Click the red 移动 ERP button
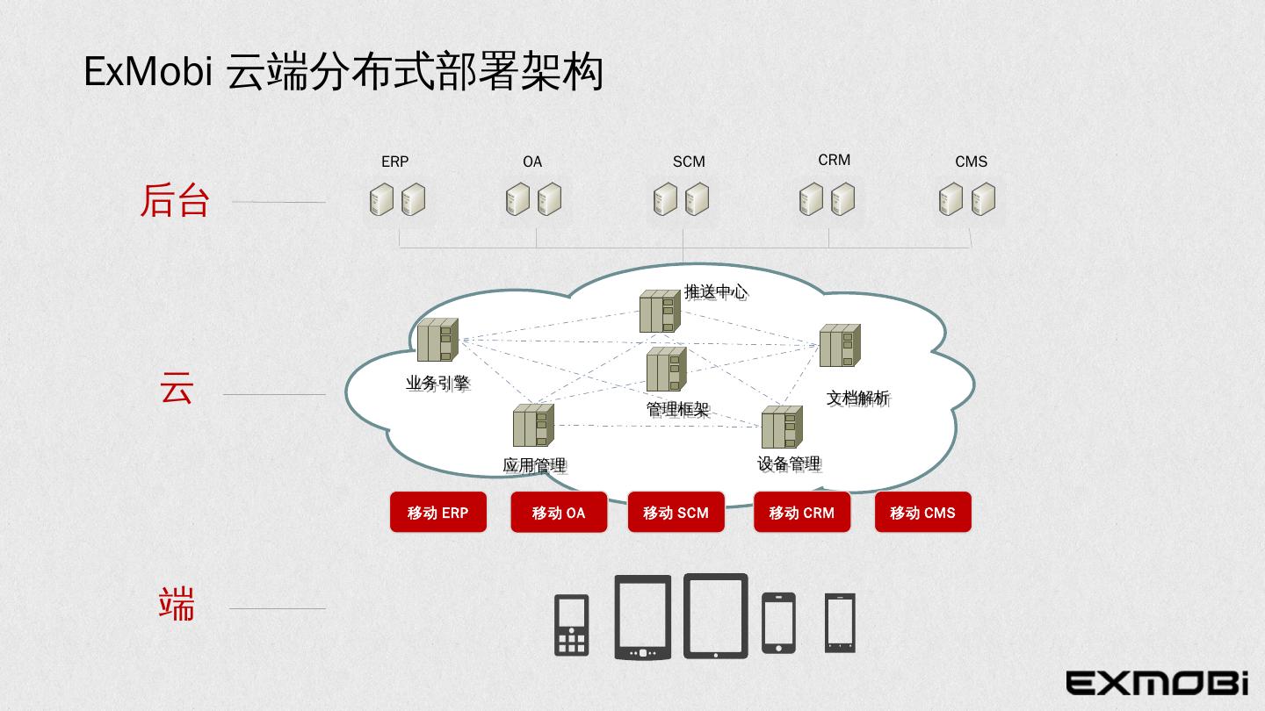point(437,513)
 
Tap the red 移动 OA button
point(559,513)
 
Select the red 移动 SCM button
point(676,513)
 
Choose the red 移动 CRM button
point(801,513)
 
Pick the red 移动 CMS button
point(922,513)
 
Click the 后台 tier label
point(175,201)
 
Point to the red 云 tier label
point(176,388)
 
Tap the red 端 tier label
point(176,605)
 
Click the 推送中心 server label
point(715,291)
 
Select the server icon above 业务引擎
point(437,340)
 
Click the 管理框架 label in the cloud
point(677,409)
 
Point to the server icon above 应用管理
point(533,426)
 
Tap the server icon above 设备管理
point(781,427)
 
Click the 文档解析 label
point(857,398)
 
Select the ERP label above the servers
point(394,162)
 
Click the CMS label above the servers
point(971,162)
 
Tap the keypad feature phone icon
point(571,625)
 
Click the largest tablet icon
point(715,615)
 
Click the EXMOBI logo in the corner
point(1157,682)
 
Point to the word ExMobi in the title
point(148,72)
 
